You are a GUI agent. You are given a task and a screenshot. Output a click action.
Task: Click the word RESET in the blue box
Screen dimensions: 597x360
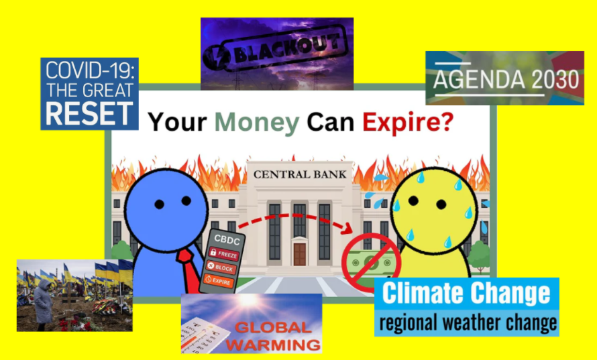click(89, 113)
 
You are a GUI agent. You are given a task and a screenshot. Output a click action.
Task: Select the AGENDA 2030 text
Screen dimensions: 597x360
click(506, 80)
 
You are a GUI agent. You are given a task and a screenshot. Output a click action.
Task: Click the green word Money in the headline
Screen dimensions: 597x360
click(257, 123)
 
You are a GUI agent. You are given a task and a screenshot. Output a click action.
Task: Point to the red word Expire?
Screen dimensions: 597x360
click(408, 122)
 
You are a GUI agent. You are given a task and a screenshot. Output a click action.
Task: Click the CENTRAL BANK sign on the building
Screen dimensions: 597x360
click(300, 174)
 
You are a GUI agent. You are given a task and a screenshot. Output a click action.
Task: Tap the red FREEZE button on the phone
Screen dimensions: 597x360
click(223, 253)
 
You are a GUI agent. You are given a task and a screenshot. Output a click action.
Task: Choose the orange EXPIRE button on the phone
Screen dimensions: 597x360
click(218, 281)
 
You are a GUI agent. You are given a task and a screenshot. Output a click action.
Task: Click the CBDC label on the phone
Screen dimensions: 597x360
click(227, 240)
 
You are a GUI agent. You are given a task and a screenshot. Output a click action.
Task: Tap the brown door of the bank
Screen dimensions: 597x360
click(300, 254)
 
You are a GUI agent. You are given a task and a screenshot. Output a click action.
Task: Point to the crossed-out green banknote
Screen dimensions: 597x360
click(371, 262)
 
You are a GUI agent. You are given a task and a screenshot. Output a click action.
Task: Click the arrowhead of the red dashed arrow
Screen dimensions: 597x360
click(347, 229)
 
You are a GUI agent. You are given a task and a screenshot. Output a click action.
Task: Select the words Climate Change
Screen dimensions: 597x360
click(466, 294)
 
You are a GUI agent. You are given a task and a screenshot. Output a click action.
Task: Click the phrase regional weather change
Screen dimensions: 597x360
click(468, 322)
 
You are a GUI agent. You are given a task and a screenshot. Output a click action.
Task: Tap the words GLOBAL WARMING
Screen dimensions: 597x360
click(273, 337)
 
